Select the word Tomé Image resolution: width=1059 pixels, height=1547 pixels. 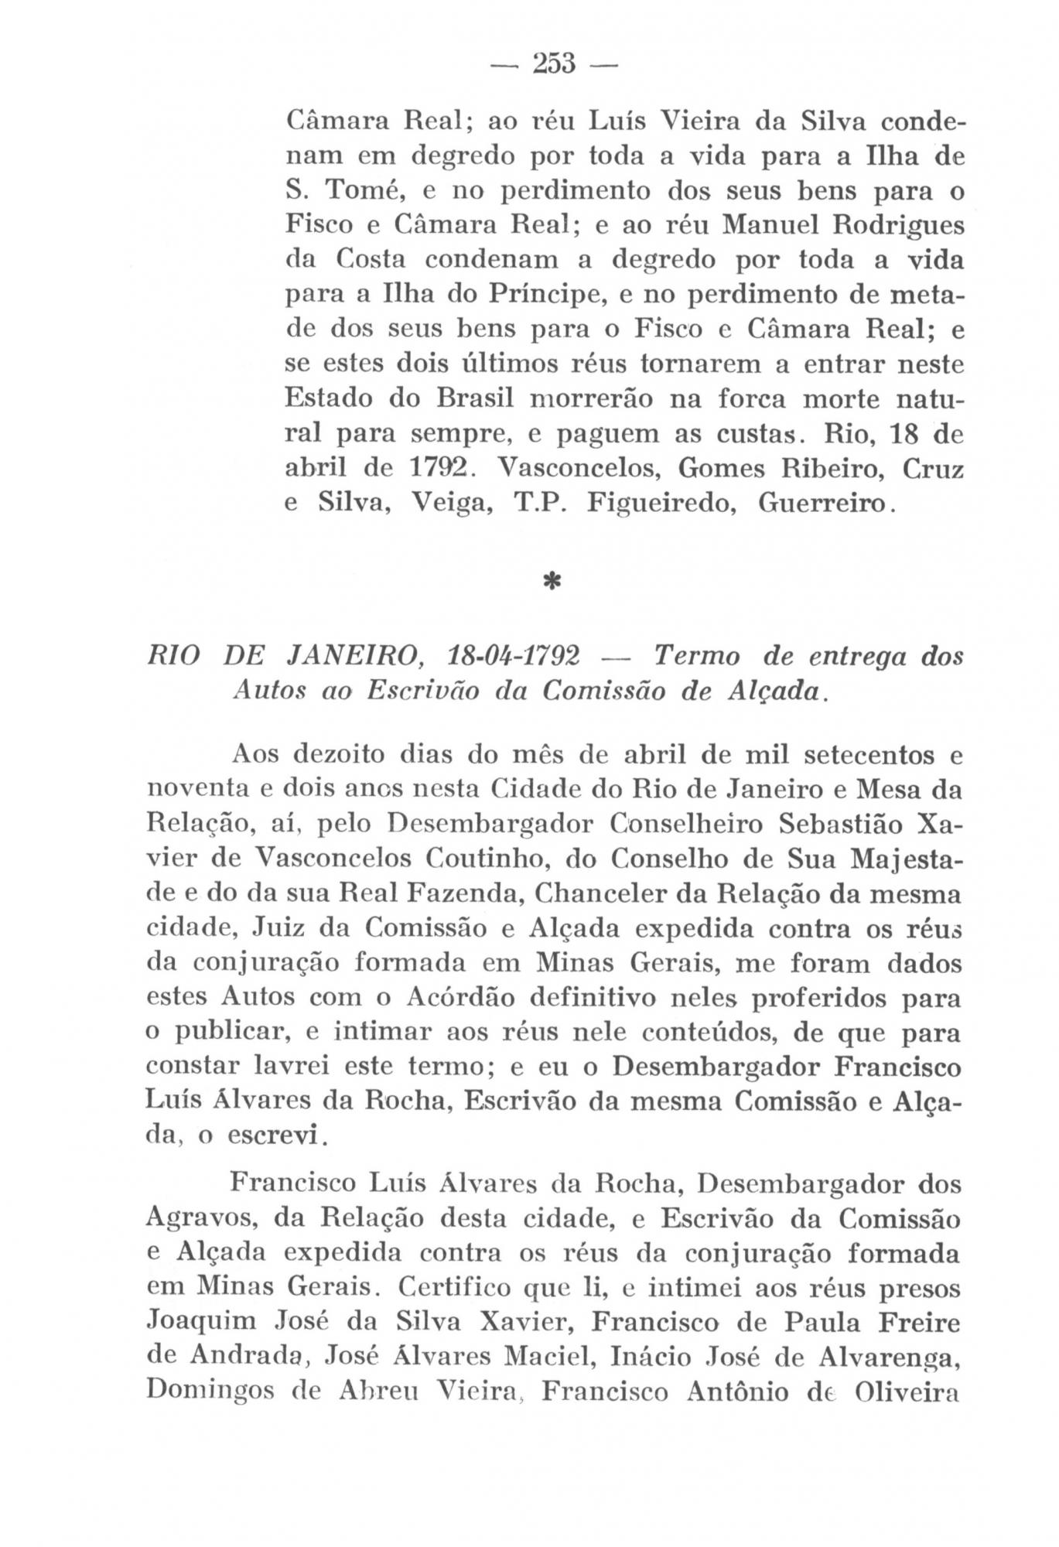(x=357, y=190)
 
